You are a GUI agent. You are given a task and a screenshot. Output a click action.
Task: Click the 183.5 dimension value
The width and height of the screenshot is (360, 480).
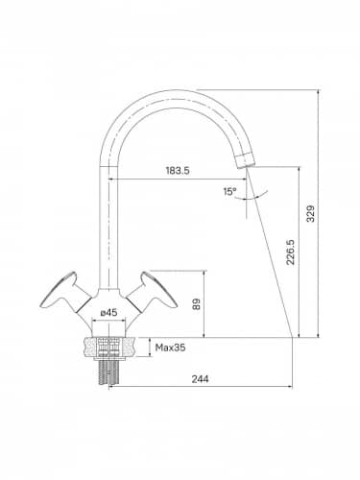coord(178,171)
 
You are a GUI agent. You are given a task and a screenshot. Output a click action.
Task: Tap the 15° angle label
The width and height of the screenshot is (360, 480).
coord(229,192)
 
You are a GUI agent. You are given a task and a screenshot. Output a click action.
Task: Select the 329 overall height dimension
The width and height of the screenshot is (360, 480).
coord(311,213)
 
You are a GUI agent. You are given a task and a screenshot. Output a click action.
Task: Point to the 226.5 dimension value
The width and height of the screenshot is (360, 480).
coord(290,252)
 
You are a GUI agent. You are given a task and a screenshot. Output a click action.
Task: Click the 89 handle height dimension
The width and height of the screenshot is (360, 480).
coord(196,304)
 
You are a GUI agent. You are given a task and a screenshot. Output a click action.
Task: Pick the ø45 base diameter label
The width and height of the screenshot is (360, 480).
coord(108,313)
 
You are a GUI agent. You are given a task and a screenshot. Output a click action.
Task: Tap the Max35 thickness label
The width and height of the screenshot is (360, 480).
coord(170,348)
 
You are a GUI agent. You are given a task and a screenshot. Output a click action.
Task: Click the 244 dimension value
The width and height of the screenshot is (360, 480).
coord(200,379)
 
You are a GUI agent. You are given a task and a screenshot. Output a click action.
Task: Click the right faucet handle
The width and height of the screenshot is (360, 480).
coord(153,291)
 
